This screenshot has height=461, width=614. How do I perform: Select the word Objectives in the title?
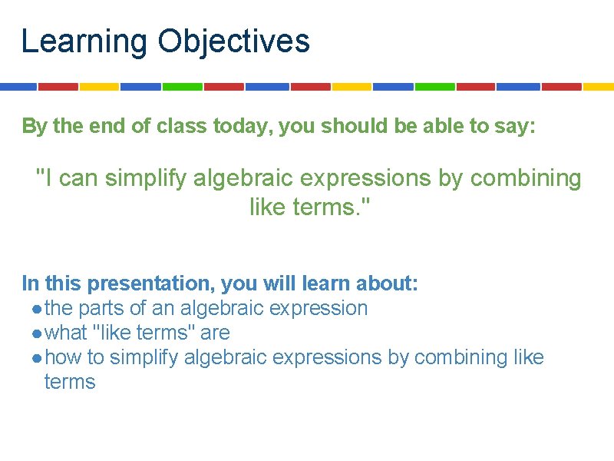(234, 41)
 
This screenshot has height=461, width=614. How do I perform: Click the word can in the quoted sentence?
(79, 178)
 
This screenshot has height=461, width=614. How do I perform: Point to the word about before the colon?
(387, 284)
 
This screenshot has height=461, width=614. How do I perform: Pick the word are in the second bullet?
(216, 333)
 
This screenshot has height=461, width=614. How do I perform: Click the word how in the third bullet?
(61, 357)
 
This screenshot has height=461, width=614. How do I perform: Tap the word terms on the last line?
(70, 382)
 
